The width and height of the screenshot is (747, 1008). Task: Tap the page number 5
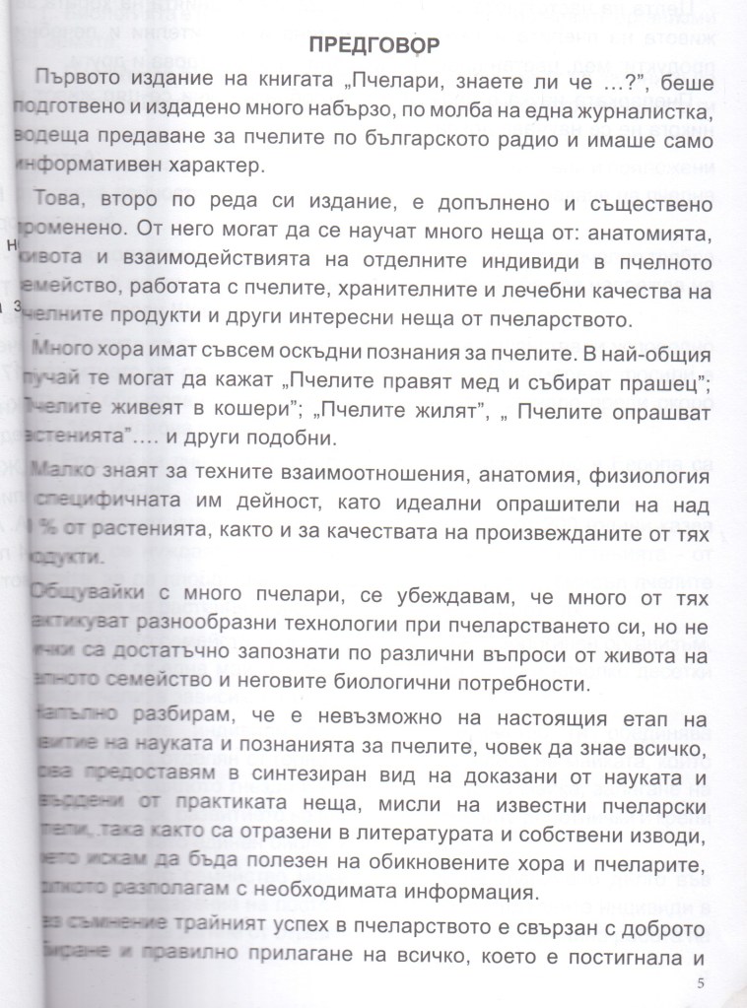point(700,982)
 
